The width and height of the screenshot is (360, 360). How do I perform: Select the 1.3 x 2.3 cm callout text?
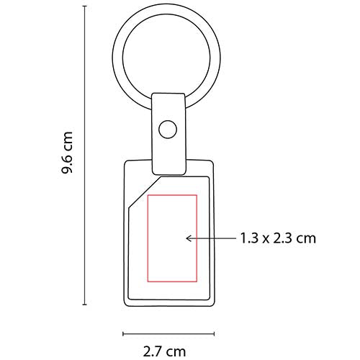coord(277,237)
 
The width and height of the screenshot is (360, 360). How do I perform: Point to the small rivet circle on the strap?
coord(168,130)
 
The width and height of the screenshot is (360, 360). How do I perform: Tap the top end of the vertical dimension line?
coord(85,16)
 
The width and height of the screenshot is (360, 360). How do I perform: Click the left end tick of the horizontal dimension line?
coord(123,333)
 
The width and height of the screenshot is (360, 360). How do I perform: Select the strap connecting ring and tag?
coord(168,133)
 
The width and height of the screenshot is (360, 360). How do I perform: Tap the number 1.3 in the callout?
coord(248,237)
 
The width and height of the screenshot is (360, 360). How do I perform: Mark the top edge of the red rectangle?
coord(171,195)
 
